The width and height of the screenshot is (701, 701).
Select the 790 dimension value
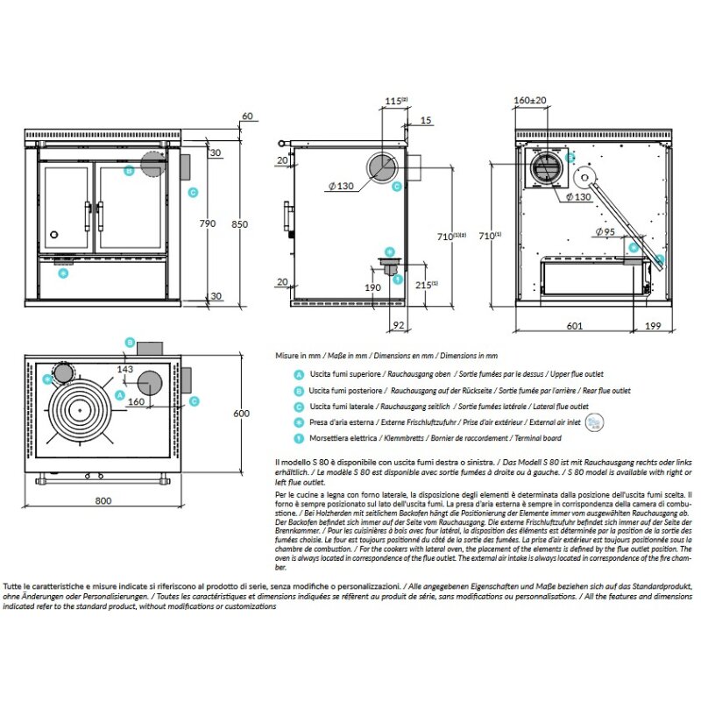coord(208,223)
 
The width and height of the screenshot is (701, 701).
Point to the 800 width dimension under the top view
coord(103,500)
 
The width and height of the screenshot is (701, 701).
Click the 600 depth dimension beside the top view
coord(253,414)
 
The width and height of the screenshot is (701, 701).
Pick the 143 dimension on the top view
coord(124,371)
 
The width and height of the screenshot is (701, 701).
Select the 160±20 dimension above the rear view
coord(530,102)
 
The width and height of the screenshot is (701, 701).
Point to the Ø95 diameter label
coord(605,231)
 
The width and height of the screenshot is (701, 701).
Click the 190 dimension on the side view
coord(373,287)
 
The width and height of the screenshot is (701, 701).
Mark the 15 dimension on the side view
coord(426,120)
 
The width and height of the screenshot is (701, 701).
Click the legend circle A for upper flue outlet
coord(300,374)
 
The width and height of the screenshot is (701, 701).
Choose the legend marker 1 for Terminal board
coord(300,437)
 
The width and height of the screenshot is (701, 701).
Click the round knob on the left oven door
coord(54,235)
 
